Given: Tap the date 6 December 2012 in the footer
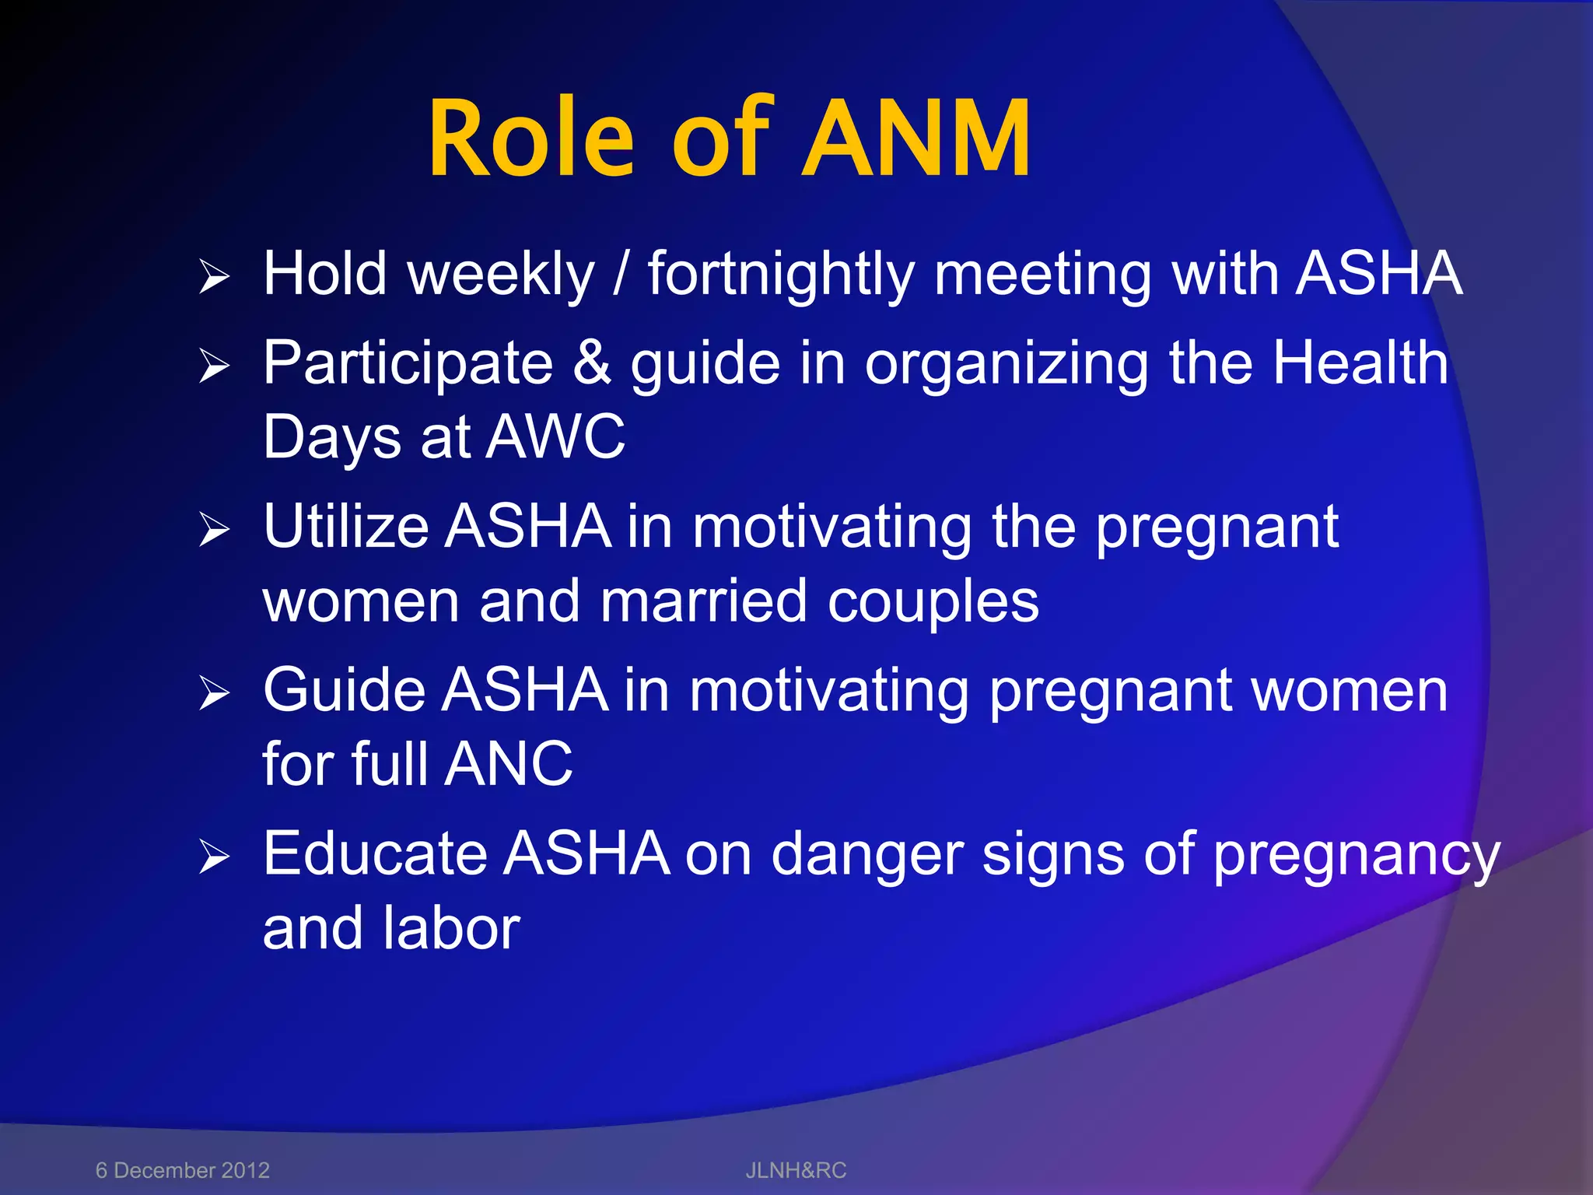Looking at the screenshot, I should pos(182,1170).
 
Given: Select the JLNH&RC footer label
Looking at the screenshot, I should pos(796,1170).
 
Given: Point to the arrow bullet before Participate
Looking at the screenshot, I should pos(214,366).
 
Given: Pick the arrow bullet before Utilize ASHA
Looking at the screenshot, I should pos(214,531).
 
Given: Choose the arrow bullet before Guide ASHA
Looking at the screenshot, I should pos(214,694).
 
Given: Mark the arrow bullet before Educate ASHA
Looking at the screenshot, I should pos(214,857).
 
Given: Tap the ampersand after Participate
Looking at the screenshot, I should pos(592,364).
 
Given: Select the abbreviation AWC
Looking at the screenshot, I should pos(556,437).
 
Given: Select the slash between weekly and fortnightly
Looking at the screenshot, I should pos(620,275).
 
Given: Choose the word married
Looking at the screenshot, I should pos(703,601).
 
